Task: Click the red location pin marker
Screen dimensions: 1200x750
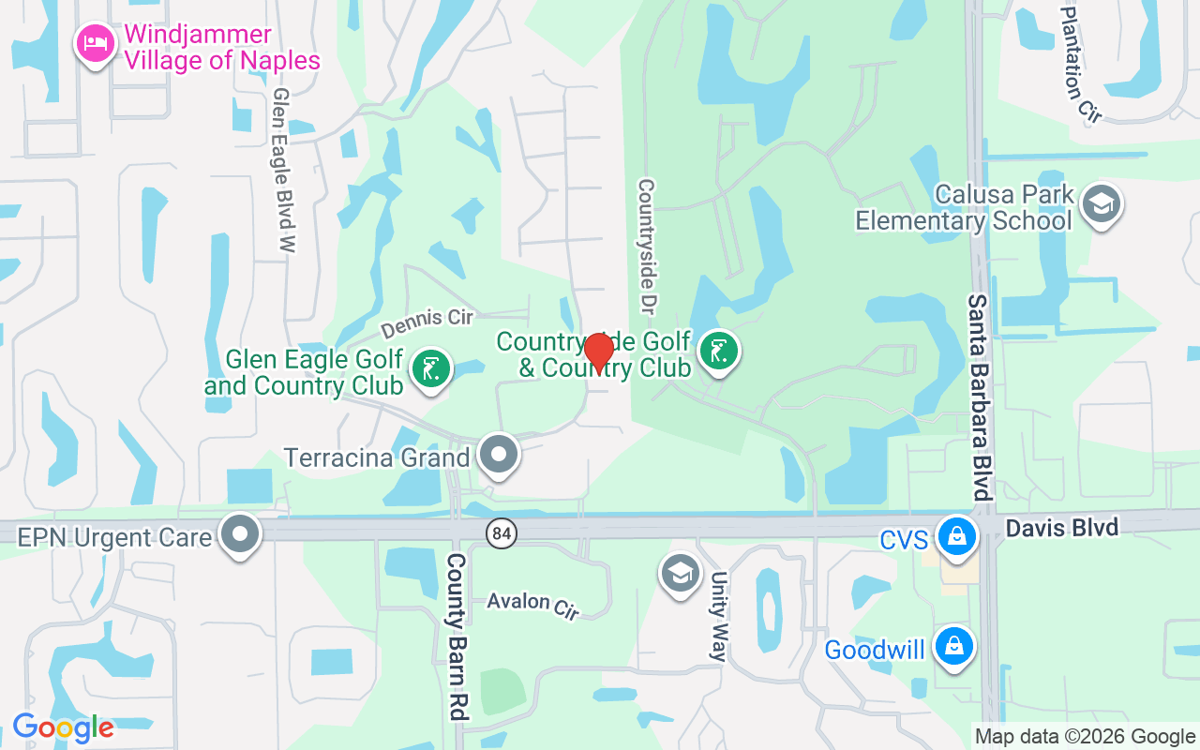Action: [598, 352]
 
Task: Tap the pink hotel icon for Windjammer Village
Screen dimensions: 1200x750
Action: [96, 43]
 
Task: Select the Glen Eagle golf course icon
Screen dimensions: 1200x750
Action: [430, 367]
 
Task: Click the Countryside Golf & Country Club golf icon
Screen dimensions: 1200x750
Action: [718, 352]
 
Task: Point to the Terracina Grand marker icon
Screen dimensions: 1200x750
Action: [499, 455]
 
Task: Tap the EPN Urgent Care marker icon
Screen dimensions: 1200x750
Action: [240, 533]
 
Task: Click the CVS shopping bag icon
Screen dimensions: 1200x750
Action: [955, 537]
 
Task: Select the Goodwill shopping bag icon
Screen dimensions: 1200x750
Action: [953, 646]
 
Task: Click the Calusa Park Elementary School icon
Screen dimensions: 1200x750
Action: [1101, 204]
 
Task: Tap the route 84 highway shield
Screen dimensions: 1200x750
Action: [502, 533]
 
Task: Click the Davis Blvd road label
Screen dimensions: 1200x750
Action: [1061, 528]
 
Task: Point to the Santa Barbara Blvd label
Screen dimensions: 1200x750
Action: [979, 397]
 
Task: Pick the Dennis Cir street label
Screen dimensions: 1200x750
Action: [427, 322]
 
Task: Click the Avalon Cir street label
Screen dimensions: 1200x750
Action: [532, 604]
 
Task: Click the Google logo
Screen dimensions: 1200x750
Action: [63, 727]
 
